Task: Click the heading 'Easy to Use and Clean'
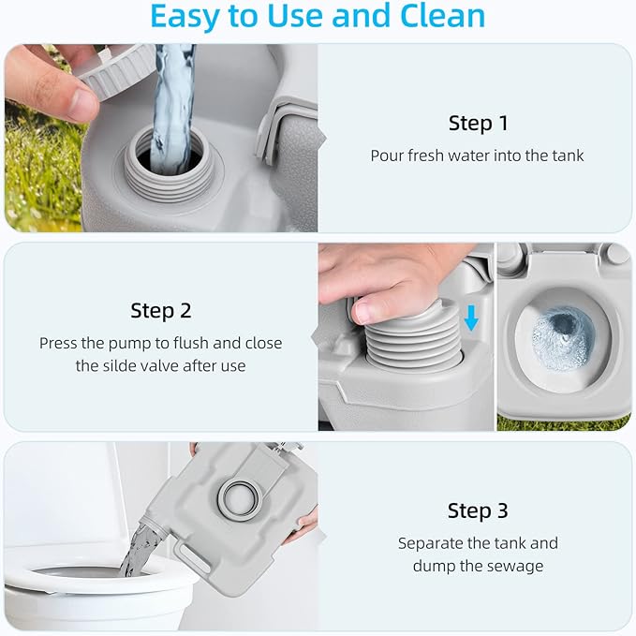pos(318,17)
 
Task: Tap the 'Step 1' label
pos(477,124)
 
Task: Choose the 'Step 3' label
pos(477,510)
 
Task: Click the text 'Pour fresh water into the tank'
pos(477,155)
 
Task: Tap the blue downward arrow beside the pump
pos(471,319)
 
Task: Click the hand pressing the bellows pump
pos(384,281)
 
